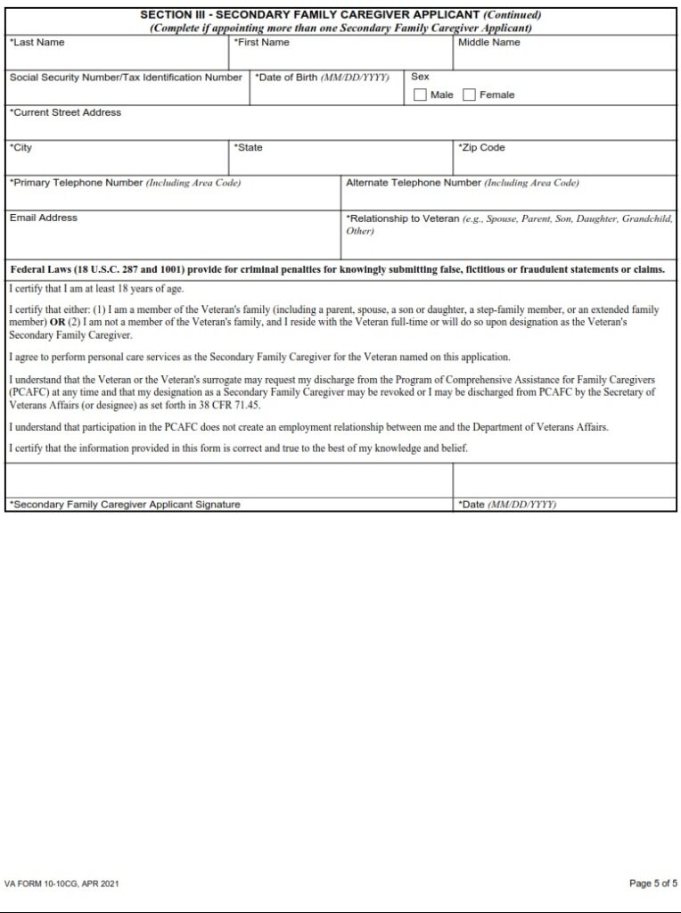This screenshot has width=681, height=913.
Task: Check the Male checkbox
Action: tap(420, 95)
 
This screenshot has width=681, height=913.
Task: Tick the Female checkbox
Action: tap(469, 95)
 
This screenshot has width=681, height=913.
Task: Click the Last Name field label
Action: tap(37, 43)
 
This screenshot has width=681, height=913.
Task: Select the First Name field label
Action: tap(261, 43)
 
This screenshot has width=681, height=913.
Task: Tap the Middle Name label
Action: tap(488, 43)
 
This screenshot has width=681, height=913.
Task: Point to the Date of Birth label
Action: tap(322, 78)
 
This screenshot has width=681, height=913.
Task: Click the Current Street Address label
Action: tap(65, 113)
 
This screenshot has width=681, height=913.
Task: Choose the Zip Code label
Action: tap(481, 148)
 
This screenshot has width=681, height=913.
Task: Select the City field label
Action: tap(21, 148)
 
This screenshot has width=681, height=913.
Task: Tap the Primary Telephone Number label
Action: tap(125, 183)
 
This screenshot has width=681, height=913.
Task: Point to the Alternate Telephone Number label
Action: tap(462, 183)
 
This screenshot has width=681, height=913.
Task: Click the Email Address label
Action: tap(44, 218)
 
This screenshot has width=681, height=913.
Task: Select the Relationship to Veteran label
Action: tap(403, 218)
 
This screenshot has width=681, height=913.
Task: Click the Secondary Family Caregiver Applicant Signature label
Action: tap(125, 505)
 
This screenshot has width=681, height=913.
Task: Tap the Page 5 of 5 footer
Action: tap(652, 884)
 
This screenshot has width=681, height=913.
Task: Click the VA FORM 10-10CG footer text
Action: tap(62, 884)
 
